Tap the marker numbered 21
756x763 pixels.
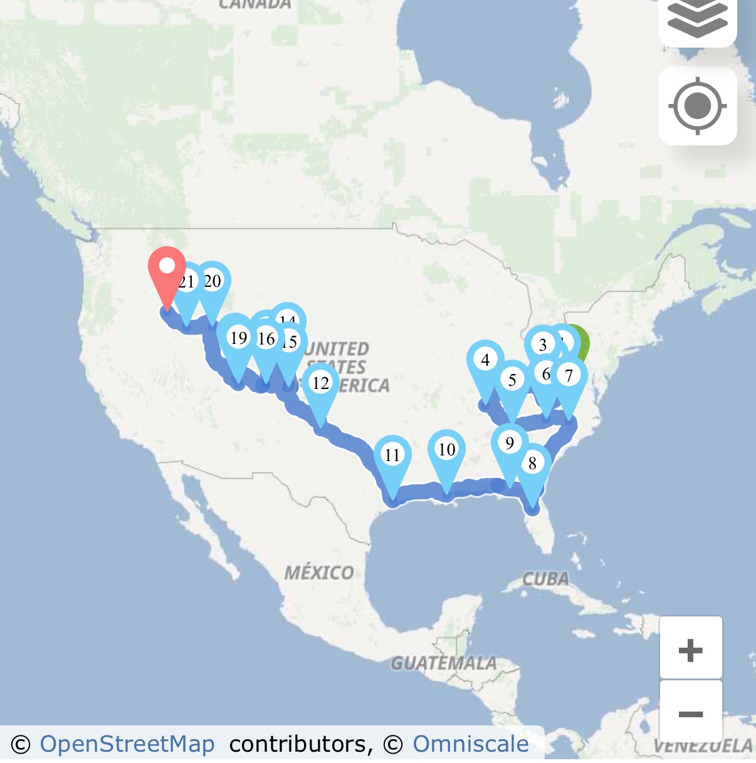pos(186,283)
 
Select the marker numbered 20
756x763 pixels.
pos(213,281)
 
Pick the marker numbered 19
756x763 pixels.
pos(238,339)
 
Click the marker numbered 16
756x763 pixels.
pos(266,340)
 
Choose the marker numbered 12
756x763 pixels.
pos(320,383)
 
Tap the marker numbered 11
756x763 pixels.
pos(392,455)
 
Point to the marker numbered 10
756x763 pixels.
pos(446,450)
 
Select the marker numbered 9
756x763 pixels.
pos(510,444)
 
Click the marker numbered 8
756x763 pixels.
pos(533,464)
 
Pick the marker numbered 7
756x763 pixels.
pos(569,376)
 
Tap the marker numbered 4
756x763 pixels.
pos(485,360)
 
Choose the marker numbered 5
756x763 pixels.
pos(512,380)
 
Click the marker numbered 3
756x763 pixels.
pos(542,345)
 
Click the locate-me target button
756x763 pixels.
pos(697,106)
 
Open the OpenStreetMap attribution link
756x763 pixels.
pos(127,744)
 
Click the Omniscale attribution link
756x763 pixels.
pos(470,744)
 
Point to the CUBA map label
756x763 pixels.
pos(545,579)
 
